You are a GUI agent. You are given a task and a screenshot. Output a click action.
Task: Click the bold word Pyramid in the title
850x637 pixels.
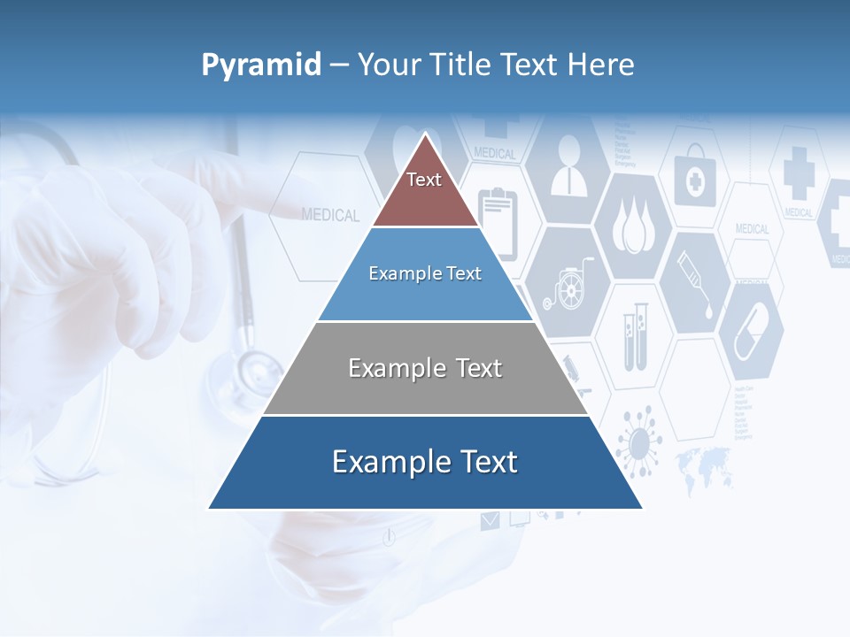point(261,65)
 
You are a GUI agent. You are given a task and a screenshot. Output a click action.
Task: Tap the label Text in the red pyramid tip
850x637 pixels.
point(424,180)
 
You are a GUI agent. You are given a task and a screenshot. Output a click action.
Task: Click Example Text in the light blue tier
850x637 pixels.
point(425,273)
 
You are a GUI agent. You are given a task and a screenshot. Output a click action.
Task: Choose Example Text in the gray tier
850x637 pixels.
point(425,368)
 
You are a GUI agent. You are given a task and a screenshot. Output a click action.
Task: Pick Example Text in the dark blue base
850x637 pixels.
point(425,462)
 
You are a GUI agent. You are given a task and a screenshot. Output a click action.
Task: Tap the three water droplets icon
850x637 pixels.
point(632,228)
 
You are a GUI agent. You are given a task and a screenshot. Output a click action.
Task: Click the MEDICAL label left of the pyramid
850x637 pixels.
point(330,215)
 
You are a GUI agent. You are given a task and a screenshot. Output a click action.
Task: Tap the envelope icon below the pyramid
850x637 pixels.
point(490,521)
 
